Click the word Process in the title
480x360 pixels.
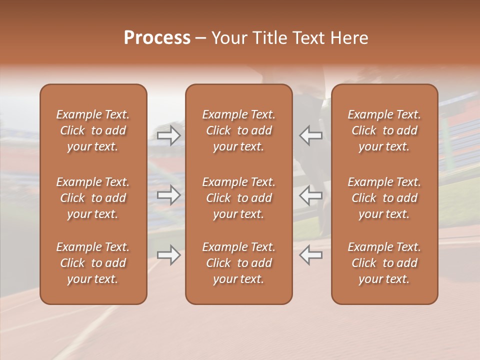[x=157, y=37]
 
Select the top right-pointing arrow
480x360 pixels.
[x=169, y=135]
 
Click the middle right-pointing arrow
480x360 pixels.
[x=169, y=195]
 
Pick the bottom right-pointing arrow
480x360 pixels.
[x=169, y=255]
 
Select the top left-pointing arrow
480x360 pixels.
[x=310, y=135]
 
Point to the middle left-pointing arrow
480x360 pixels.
[x=310, y=195]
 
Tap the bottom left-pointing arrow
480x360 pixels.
[x=310, y=255]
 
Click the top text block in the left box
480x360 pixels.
[x=93, y=130]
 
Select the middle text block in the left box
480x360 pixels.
[x=93, y=198]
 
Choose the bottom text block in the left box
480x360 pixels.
[x=93, y=263]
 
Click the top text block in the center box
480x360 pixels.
[x=238, y=130]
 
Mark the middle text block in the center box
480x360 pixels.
[x=238, y=198]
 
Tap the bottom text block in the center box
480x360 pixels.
[x=238, y=263]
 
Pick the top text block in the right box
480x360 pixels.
[x=384, y=130]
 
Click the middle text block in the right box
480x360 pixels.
[x=384, y=198]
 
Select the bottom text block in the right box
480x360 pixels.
[x=384, y=263]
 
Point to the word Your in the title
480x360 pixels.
[x=227, y=37]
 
